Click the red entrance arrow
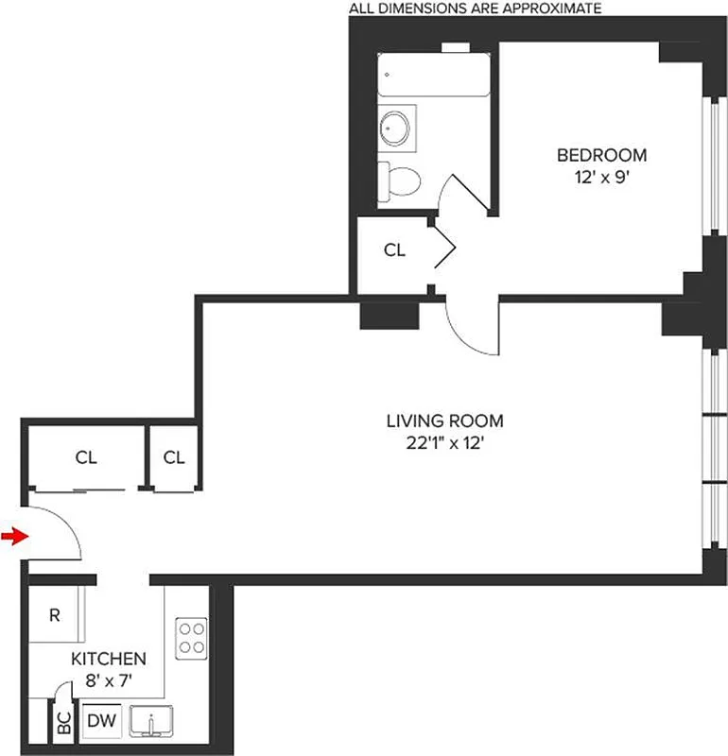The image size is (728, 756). pos(12,537)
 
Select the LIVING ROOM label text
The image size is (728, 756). pos(444,421)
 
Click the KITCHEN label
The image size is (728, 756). pos(110,659)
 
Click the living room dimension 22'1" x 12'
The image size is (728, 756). pos(444,441)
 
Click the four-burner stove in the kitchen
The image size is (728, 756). pos(191,637)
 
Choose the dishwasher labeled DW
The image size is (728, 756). pos(101,722)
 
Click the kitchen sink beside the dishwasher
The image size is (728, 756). pos(151,723)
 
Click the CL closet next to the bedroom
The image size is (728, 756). pos(394,250)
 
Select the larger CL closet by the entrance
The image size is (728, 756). pos(86,457)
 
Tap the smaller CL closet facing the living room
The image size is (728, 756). pos(173,457)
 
